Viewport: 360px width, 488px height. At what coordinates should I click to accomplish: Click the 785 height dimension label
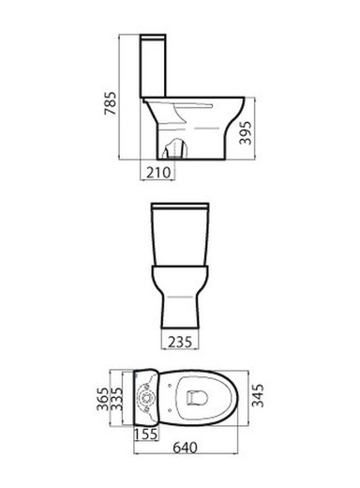(x=110, y=103)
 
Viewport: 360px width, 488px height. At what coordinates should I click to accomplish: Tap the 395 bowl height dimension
(x=246, y=132)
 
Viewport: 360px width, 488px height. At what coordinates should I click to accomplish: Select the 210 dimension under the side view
(x=158, y=173)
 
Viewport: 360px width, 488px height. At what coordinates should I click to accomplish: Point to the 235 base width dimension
(x=180, y=342)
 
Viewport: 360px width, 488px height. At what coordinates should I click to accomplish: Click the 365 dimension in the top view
(x=103, y=399)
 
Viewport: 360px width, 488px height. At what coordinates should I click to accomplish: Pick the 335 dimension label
(x=116, y=399)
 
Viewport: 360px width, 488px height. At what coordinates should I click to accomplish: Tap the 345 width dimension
(x=258, y=395)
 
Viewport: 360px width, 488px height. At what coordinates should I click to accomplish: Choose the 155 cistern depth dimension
(x=146, y=434)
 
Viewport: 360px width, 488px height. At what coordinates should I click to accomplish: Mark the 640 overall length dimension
(x=185, y=448)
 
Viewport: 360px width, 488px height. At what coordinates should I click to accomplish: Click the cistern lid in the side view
(x=153, y=37)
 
